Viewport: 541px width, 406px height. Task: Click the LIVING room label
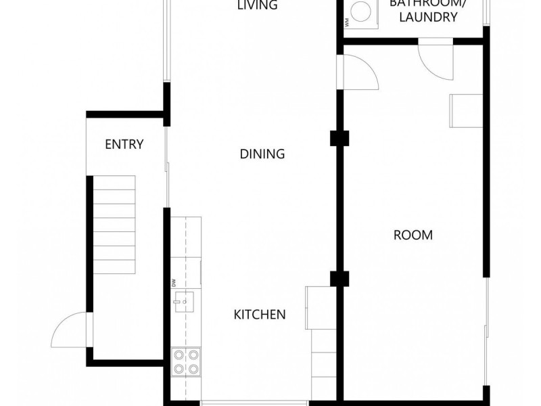pos(258,5)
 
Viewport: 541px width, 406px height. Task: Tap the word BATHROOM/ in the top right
pos(427,4)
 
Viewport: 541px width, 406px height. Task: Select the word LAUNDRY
pos(428,18)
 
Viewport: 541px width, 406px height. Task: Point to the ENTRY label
pos(124,144)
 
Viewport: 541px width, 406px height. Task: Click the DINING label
pos(262,154)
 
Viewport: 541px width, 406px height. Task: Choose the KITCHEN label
pos(260,314)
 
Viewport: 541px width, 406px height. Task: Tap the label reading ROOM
pos(413,235)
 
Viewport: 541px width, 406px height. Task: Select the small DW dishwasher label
pos(174,282)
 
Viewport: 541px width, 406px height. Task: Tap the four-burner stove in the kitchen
pos(186,361)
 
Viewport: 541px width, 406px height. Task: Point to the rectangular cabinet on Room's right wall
pos(466,110)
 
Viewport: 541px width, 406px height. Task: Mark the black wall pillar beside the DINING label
pos(338,138)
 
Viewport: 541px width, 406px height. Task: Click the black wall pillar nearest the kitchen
pos(338,278)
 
